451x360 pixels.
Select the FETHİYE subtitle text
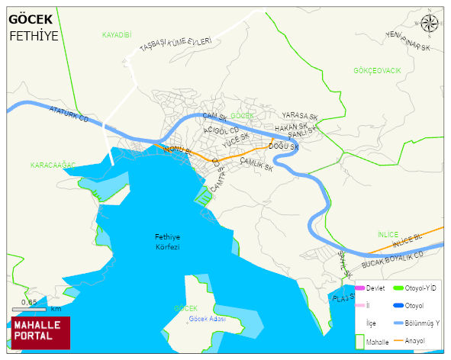coord(34,35)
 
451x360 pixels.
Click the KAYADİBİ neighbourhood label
coord(117,35)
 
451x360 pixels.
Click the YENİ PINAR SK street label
coord(408,42)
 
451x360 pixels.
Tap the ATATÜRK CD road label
coord(69,117)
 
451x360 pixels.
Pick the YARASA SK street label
coord(299,117)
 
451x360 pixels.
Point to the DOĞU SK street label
coord(283,146)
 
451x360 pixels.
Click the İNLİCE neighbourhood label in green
coord(388,234)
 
